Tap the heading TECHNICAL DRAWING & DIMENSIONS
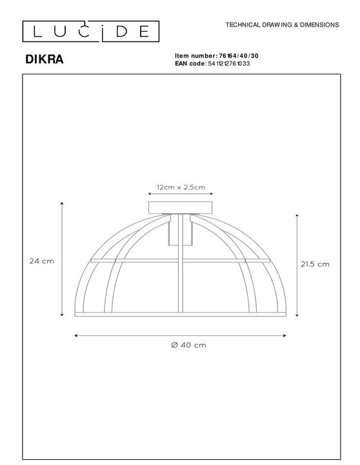[x=282, y=25]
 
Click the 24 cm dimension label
[x=41, y=262]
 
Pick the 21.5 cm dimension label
[x=315, y=263]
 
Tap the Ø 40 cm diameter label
[x=180, y=346]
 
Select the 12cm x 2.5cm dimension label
[x=181, y=187]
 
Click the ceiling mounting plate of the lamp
[x=181, y=208]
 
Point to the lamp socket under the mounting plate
[x=181, y=230]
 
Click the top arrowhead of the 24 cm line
[x=62, y=203]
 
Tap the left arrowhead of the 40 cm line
[x=77, y=336]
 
